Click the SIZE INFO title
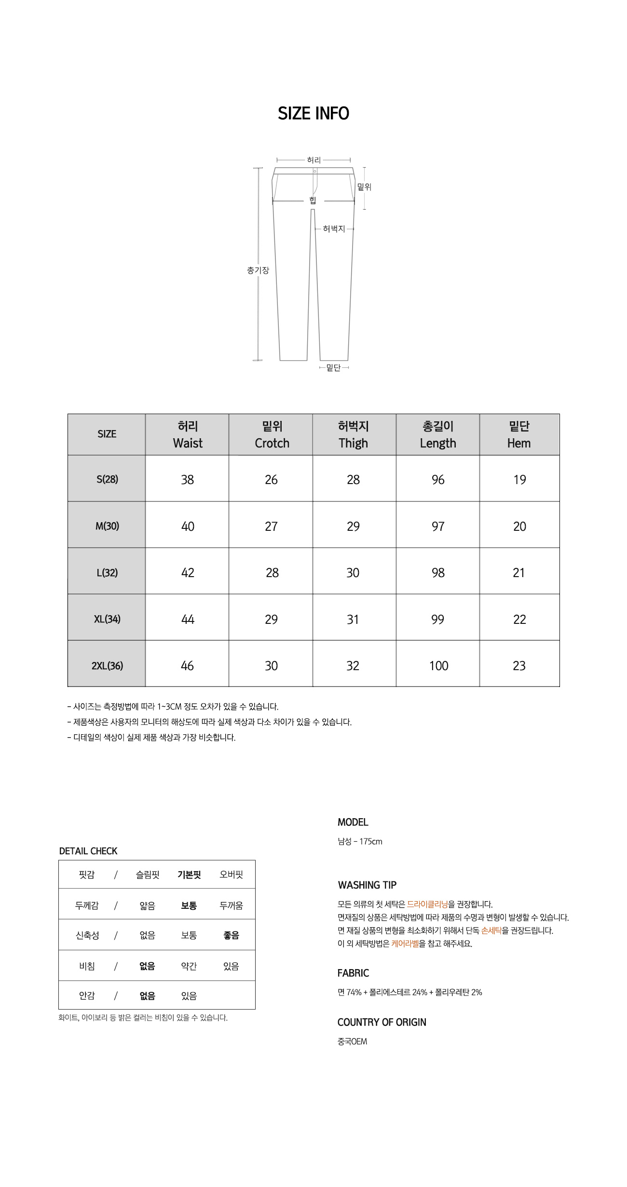coord(313,113)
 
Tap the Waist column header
coord(188,434)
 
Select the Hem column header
coord(519,434)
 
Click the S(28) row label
coord(107,479)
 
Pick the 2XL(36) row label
coord(107,665)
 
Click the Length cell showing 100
coord(438,665)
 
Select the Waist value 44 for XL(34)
coord(188,619)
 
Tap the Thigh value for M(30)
coord(353,526)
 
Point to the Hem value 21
coord(519,572)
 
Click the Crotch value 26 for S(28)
coord(271,479)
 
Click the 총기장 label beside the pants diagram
coord(258,270)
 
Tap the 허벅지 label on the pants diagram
coord(334,229)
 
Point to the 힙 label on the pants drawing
coord(313,200)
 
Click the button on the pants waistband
coord(315,171)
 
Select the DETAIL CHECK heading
coord(88,851)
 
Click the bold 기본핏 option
coord(189,875)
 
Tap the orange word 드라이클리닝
coord(427,904)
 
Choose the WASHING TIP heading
coord(367,885)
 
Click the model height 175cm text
coord(370,841)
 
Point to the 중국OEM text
coord(352,1041)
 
